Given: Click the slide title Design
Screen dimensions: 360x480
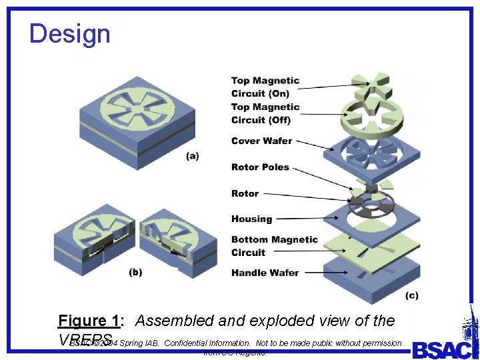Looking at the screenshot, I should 70,34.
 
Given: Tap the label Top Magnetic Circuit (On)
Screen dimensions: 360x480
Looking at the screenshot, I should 265,87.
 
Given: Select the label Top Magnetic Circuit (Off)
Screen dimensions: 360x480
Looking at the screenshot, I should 265,113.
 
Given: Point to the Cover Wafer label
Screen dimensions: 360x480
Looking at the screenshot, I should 261,141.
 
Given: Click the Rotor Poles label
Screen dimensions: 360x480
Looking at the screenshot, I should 260,167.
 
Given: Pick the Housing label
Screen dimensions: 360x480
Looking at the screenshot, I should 251,219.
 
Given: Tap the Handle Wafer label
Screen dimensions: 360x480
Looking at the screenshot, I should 265,272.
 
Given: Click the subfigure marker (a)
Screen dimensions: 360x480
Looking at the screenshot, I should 192,156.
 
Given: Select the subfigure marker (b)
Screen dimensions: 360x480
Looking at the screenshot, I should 135,272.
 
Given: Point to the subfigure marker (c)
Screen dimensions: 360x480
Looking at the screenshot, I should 412,295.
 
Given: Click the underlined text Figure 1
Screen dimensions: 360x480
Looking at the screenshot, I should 89,321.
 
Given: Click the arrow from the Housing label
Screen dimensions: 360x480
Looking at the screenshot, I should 307,218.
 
